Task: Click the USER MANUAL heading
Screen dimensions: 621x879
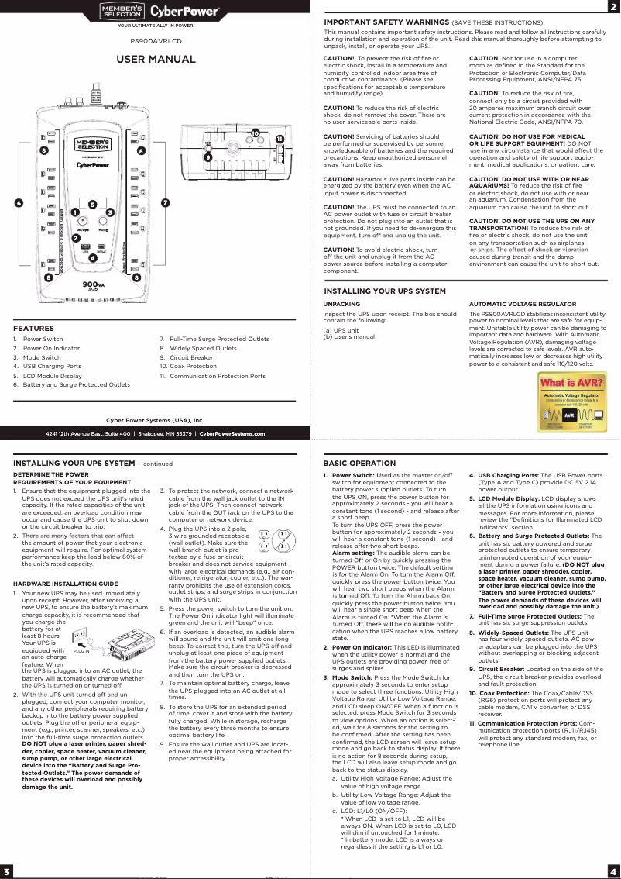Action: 156,60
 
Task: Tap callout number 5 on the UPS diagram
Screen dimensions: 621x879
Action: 92,205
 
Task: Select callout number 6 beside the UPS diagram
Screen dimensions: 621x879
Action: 18,203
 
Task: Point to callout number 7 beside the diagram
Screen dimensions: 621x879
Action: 165,203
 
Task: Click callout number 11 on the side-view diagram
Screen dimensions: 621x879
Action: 279,139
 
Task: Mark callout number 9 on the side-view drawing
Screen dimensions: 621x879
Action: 208,157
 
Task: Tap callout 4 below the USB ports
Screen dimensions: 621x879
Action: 92,257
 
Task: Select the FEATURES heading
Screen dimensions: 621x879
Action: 33,328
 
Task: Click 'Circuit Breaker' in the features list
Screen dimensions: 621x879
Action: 190,357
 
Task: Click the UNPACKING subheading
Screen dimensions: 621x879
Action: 341,304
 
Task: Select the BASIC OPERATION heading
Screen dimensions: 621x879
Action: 359,463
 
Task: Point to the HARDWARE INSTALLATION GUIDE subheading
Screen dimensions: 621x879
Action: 65,583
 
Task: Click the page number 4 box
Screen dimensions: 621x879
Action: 612,868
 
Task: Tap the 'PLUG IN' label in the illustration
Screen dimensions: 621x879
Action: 81,652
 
